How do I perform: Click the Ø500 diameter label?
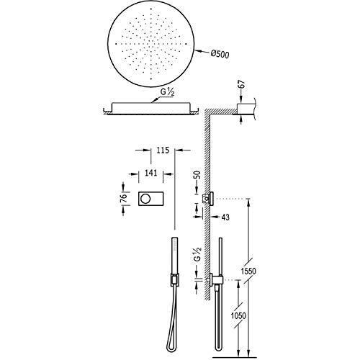220,54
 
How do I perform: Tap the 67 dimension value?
242,84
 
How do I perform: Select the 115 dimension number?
163,150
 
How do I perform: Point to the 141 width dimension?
151,173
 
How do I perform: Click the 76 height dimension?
123,199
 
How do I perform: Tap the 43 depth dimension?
225,217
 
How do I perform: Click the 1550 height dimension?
248,271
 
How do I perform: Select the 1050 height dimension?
238,315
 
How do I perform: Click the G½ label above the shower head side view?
167,93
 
